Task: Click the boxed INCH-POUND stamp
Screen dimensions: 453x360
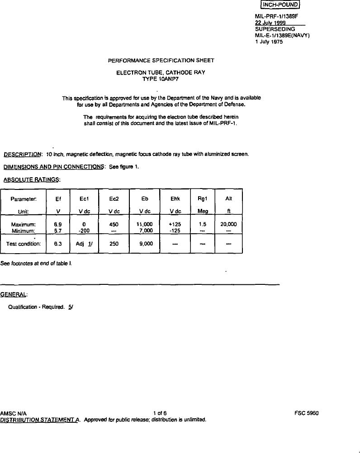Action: (x=280, y=5)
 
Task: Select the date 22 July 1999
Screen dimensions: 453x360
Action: (x=270, y=23)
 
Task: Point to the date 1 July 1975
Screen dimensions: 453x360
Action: (x=269, y=42)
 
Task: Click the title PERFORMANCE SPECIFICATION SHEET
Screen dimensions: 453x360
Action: (x=161, y=60)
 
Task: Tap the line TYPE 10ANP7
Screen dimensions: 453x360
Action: (x=161, y=78)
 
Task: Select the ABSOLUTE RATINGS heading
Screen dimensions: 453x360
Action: (x=32, y=179)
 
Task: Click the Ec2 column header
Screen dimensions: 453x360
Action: (x=114, y=198)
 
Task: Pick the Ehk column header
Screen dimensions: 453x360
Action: (x=175, y=198)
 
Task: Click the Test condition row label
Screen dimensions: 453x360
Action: (x=24, y=244)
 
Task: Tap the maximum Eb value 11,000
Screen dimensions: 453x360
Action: (x=145, y=224)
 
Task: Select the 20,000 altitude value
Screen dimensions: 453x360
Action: (x=228, y=224)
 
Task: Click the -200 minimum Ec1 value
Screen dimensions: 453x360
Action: (x=84, y=230)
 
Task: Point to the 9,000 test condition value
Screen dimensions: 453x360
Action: (x=145, y=244)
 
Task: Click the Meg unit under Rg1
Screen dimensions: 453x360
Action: (x=203, y=211)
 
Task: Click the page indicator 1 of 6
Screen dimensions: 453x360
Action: (x=160, y=413)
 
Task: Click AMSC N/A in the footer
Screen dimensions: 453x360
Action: (x=14, y=413)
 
